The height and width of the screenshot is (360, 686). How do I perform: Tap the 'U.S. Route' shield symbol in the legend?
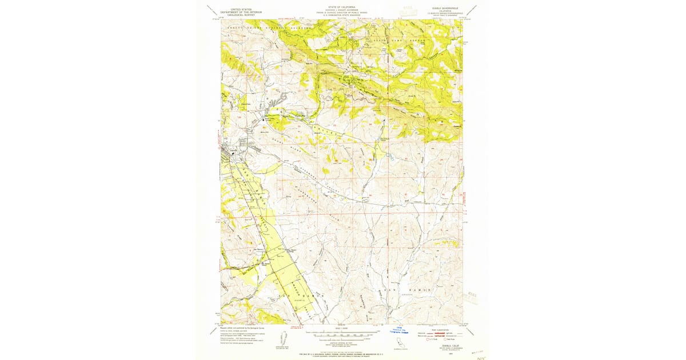tap(426, 339)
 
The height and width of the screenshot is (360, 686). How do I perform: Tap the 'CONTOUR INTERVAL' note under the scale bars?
tap(341, 341)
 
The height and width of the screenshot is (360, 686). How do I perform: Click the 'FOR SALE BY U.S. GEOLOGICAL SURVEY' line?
tap(341, 354)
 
